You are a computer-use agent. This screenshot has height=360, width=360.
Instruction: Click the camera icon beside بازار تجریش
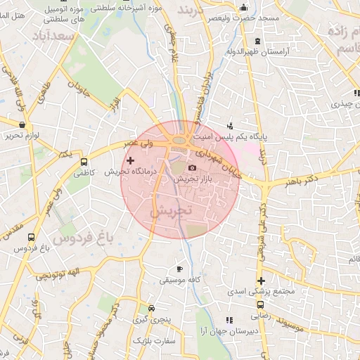click(193, 167)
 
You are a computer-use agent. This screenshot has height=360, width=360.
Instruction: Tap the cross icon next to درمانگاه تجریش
click(129, 161)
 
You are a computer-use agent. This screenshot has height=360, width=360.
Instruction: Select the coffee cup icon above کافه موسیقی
click(179, 269)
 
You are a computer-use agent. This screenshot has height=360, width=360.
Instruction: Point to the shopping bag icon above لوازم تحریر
click(22, 124)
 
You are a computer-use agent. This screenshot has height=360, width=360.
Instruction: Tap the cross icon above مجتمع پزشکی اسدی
click(259, 281)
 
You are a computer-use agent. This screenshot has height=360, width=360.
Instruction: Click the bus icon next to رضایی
click(260, 306)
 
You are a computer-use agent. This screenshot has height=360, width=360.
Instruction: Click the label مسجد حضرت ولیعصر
click(255, 17)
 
